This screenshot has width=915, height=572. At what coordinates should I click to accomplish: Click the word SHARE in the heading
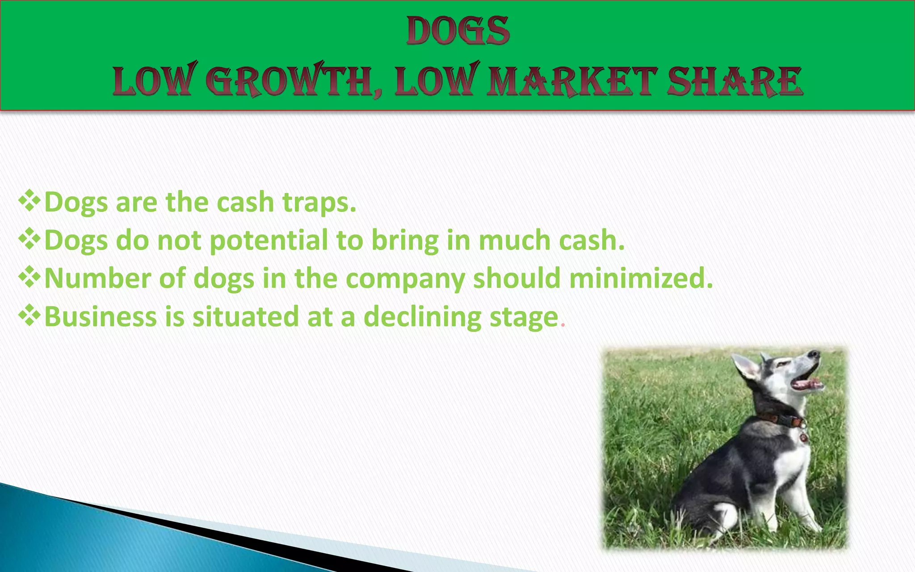(735, 81)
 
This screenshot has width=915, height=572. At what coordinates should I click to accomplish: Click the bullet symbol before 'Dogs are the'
(29, 201)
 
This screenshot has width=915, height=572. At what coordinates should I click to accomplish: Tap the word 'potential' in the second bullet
(269, 240)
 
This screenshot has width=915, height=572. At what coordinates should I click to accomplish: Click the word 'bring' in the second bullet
(405, 240)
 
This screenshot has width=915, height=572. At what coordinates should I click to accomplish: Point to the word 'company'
(405, 279)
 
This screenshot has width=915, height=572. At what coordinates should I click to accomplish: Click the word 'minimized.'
(641, 278)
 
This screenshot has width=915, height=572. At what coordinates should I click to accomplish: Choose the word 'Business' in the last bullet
(101, 316)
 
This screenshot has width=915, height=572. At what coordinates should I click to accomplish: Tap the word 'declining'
(422, 316)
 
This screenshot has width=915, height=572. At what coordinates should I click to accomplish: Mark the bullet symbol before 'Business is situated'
(29, 315)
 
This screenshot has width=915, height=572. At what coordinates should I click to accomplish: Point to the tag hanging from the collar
(803, 437)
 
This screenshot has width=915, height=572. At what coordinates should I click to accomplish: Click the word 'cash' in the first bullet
(245, 202)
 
